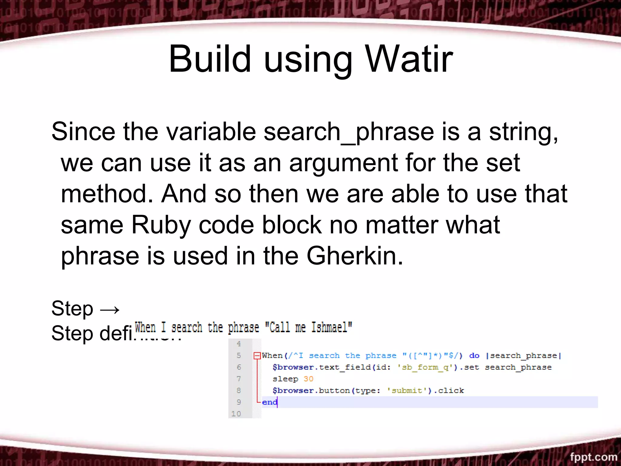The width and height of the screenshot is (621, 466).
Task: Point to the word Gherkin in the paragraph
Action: click(355, 256)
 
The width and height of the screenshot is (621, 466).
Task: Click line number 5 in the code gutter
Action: click(239, 355)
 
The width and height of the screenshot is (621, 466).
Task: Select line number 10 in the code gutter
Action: click(236, 414)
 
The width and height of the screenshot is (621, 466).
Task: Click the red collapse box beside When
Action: click(257, 356)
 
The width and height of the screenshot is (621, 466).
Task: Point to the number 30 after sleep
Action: click(308, 379)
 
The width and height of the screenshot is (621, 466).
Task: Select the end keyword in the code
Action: click(269, 402)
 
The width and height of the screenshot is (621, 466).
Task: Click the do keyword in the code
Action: click(474, 356)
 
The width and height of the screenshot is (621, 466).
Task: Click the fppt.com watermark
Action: click(593, 457)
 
